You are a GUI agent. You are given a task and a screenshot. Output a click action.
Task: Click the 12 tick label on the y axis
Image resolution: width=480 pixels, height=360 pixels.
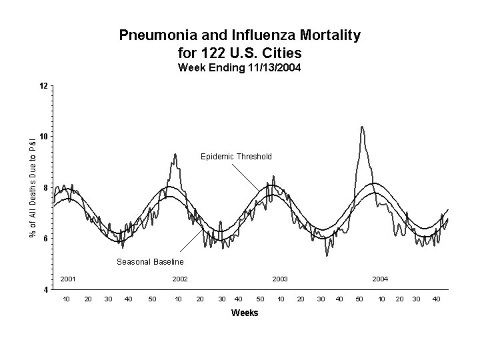43,86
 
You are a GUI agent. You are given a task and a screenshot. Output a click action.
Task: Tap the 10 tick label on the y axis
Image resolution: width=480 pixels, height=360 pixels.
43,137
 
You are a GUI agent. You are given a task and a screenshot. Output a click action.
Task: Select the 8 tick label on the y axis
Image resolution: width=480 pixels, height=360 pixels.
45,188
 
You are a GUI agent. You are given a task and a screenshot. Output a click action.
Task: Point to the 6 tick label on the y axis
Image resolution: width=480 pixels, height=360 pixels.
45,239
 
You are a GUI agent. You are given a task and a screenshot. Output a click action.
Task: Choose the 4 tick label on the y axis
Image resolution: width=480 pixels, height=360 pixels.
45,289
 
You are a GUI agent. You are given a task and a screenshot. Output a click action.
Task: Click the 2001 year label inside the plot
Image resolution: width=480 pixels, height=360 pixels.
68,279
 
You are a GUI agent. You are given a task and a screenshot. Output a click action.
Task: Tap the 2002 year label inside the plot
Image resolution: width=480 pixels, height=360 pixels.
180,279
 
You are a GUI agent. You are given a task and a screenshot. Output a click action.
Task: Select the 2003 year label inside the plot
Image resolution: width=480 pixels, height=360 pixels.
280,279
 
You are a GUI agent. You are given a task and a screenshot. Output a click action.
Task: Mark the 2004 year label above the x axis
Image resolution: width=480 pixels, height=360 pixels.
380,279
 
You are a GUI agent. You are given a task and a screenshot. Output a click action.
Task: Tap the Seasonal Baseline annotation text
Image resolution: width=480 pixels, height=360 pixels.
150,262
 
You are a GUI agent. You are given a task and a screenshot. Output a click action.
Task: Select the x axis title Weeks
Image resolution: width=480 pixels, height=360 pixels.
245,313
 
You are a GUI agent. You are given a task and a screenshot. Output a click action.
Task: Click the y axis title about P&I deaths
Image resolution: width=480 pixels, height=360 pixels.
32,187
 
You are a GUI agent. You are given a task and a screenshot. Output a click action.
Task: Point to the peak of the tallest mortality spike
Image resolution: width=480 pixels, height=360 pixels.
362,127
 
